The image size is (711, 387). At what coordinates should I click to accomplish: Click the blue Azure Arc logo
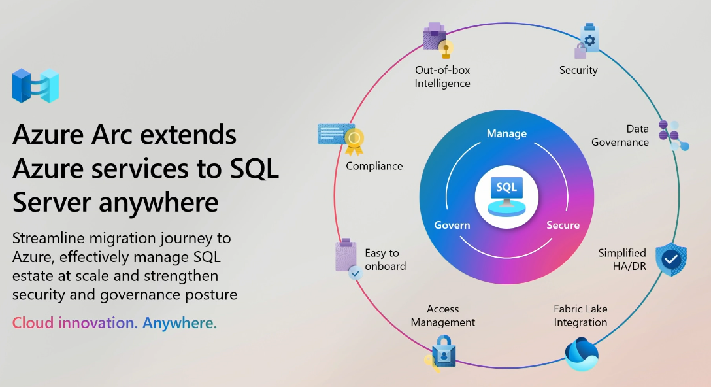pos(35,86)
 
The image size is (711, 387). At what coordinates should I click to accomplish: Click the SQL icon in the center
pos(506,195)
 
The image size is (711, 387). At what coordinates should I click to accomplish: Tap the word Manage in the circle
pos(506,133)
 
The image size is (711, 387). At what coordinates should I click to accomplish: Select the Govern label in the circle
pos(452,225)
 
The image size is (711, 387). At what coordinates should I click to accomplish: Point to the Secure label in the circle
pos(563,225)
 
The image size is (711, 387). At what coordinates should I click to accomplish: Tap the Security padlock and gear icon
pos(587,41)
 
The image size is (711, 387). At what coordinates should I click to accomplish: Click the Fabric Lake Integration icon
pos(581,354)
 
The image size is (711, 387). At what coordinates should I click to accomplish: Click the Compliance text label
pos(374,166)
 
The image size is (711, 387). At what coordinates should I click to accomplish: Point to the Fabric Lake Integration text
pos(580,316)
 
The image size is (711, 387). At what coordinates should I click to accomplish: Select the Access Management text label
pos(443,316)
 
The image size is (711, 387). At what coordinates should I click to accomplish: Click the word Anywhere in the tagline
pos(180,323)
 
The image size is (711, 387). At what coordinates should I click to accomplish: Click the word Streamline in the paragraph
pos(50,238)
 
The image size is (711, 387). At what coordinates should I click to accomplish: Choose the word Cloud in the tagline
pos(33,323)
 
